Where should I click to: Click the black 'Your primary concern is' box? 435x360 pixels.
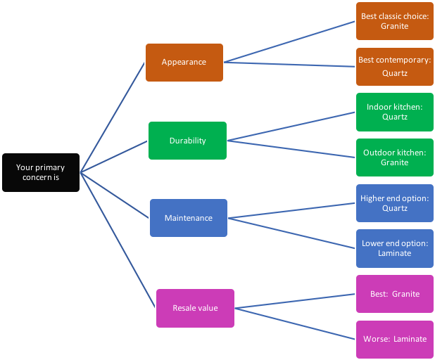[x=40, y=172]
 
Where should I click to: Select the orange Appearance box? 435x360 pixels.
[x=184, y=62]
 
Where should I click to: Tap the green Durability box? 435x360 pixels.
[x=187, y=141]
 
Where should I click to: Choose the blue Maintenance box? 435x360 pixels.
[x=188, y=218]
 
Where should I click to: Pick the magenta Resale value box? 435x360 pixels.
[x=195, y=308]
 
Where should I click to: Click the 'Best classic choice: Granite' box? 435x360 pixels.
[x=394, y=21]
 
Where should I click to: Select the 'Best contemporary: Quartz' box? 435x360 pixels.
[x=394, y=66]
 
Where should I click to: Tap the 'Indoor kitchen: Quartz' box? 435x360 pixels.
[x=394, y=112]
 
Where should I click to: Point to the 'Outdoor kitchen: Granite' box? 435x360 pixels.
[x=394, y=157]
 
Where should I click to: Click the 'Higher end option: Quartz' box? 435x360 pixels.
[x=394, y=203]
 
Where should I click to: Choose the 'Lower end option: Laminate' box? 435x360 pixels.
[x=394, y=248]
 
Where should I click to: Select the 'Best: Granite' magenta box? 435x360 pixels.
[x=394, y=294]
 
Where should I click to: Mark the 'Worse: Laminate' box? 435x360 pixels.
[x=394, y=339]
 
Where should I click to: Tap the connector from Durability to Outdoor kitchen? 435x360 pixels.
[x=291, y=148]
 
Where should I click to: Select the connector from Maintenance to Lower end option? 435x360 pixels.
[x=292, y=233]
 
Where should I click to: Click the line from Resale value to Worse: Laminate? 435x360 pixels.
[x=296, y=323]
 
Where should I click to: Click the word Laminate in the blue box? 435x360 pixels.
[x=394, y=253]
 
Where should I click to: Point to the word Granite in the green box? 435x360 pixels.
[x=394, y=162]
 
